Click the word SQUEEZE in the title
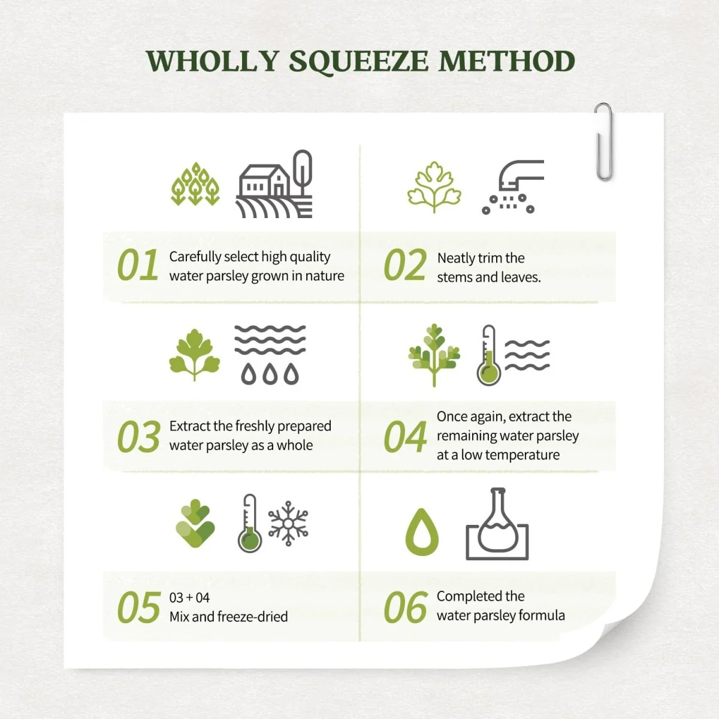pos(358,62)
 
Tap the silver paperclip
pos(603,142)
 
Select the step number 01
pos(138,265)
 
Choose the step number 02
pos(405,265)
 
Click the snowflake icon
pos(288,524)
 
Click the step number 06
pos(405,607)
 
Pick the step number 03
pos(138,436)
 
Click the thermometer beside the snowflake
pos(250,524)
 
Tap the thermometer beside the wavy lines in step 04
pos(488,355)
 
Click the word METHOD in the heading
pos(507,61)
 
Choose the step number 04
pos(405,436)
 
